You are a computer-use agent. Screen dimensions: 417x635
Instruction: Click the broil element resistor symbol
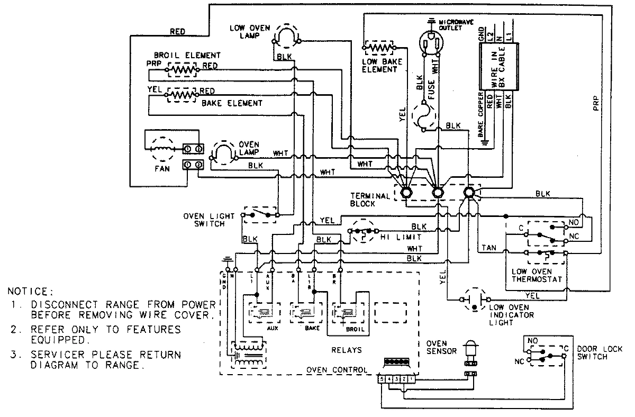tap(182, 68)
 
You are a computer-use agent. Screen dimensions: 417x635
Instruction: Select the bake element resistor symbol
tap(182, 95)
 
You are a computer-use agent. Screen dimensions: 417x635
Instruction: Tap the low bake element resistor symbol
tap(379, 48)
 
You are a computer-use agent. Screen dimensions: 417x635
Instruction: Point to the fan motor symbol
tap(160, 145)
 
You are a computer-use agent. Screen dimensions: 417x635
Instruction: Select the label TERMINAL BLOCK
tap(370, 200)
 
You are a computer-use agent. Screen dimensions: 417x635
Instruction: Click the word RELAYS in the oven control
tap(347, 350)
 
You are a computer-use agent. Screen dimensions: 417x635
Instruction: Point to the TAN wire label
tap(489, 248)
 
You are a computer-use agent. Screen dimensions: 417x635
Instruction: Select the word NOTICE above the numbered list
tap(30, 292)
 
